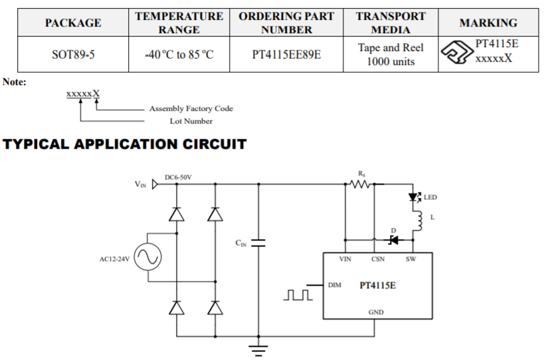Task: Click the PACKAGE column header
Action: tap(73, 23)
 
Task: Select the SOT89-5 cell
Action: tap(73, 54)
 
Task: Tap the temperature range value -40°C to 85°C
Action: tap(179, 54)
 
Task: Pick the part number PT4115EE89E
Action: tap(286, 54)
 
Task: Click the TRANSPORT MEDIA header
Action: tap(391, 23)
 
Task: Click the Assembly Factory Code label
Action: tap(191, 108)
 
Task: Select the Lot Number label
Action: tap(191, 121)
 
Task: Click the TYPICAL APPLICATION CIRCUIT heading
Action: tap(125, 144)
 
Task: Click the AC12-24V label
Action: tap(114, 258)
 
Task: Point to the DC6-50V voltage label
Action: tap(178, 177)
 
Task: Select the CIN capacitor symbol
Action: tap(259, 243)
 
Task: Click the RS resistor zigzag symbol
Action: tap(361, 184)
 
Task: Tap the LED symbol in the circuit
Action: tap(414, 197)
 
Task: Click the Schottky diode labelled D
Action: tap(393, 240)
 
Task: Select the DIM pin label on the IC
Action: tap(335, 285)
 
